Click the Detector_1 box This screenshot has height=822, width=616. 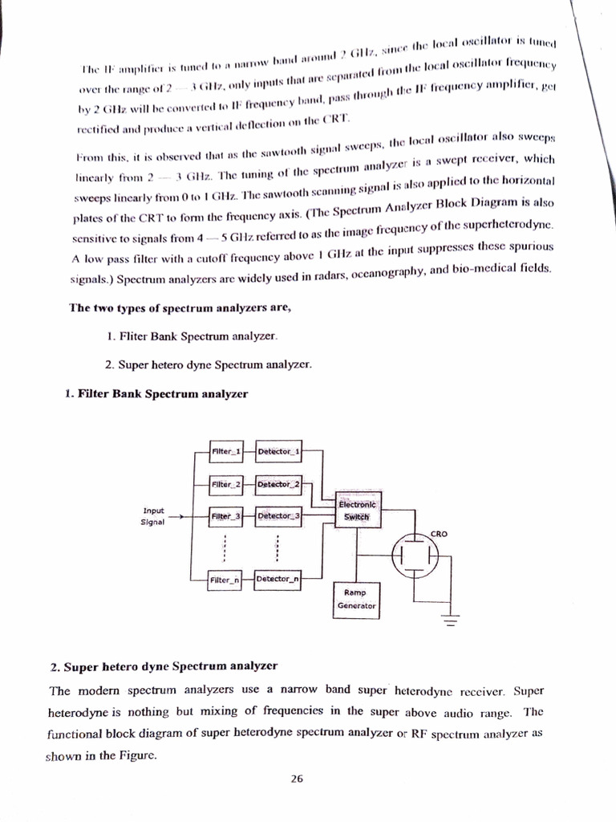tap(278, 452)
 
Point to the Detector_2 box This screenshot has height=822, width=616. tap(278, 484)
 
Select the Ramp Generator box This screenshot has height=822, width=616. tap(355, 600)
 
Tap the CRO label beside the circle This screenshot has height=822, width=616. tap(439, 533)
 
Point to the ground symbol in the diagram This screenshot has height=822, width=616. tap(449, 621)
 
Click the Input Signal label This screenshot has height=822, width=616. tap(152, 515)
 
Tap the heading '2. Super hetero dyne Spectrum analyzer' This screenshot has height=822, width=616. tap(164, 666)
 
